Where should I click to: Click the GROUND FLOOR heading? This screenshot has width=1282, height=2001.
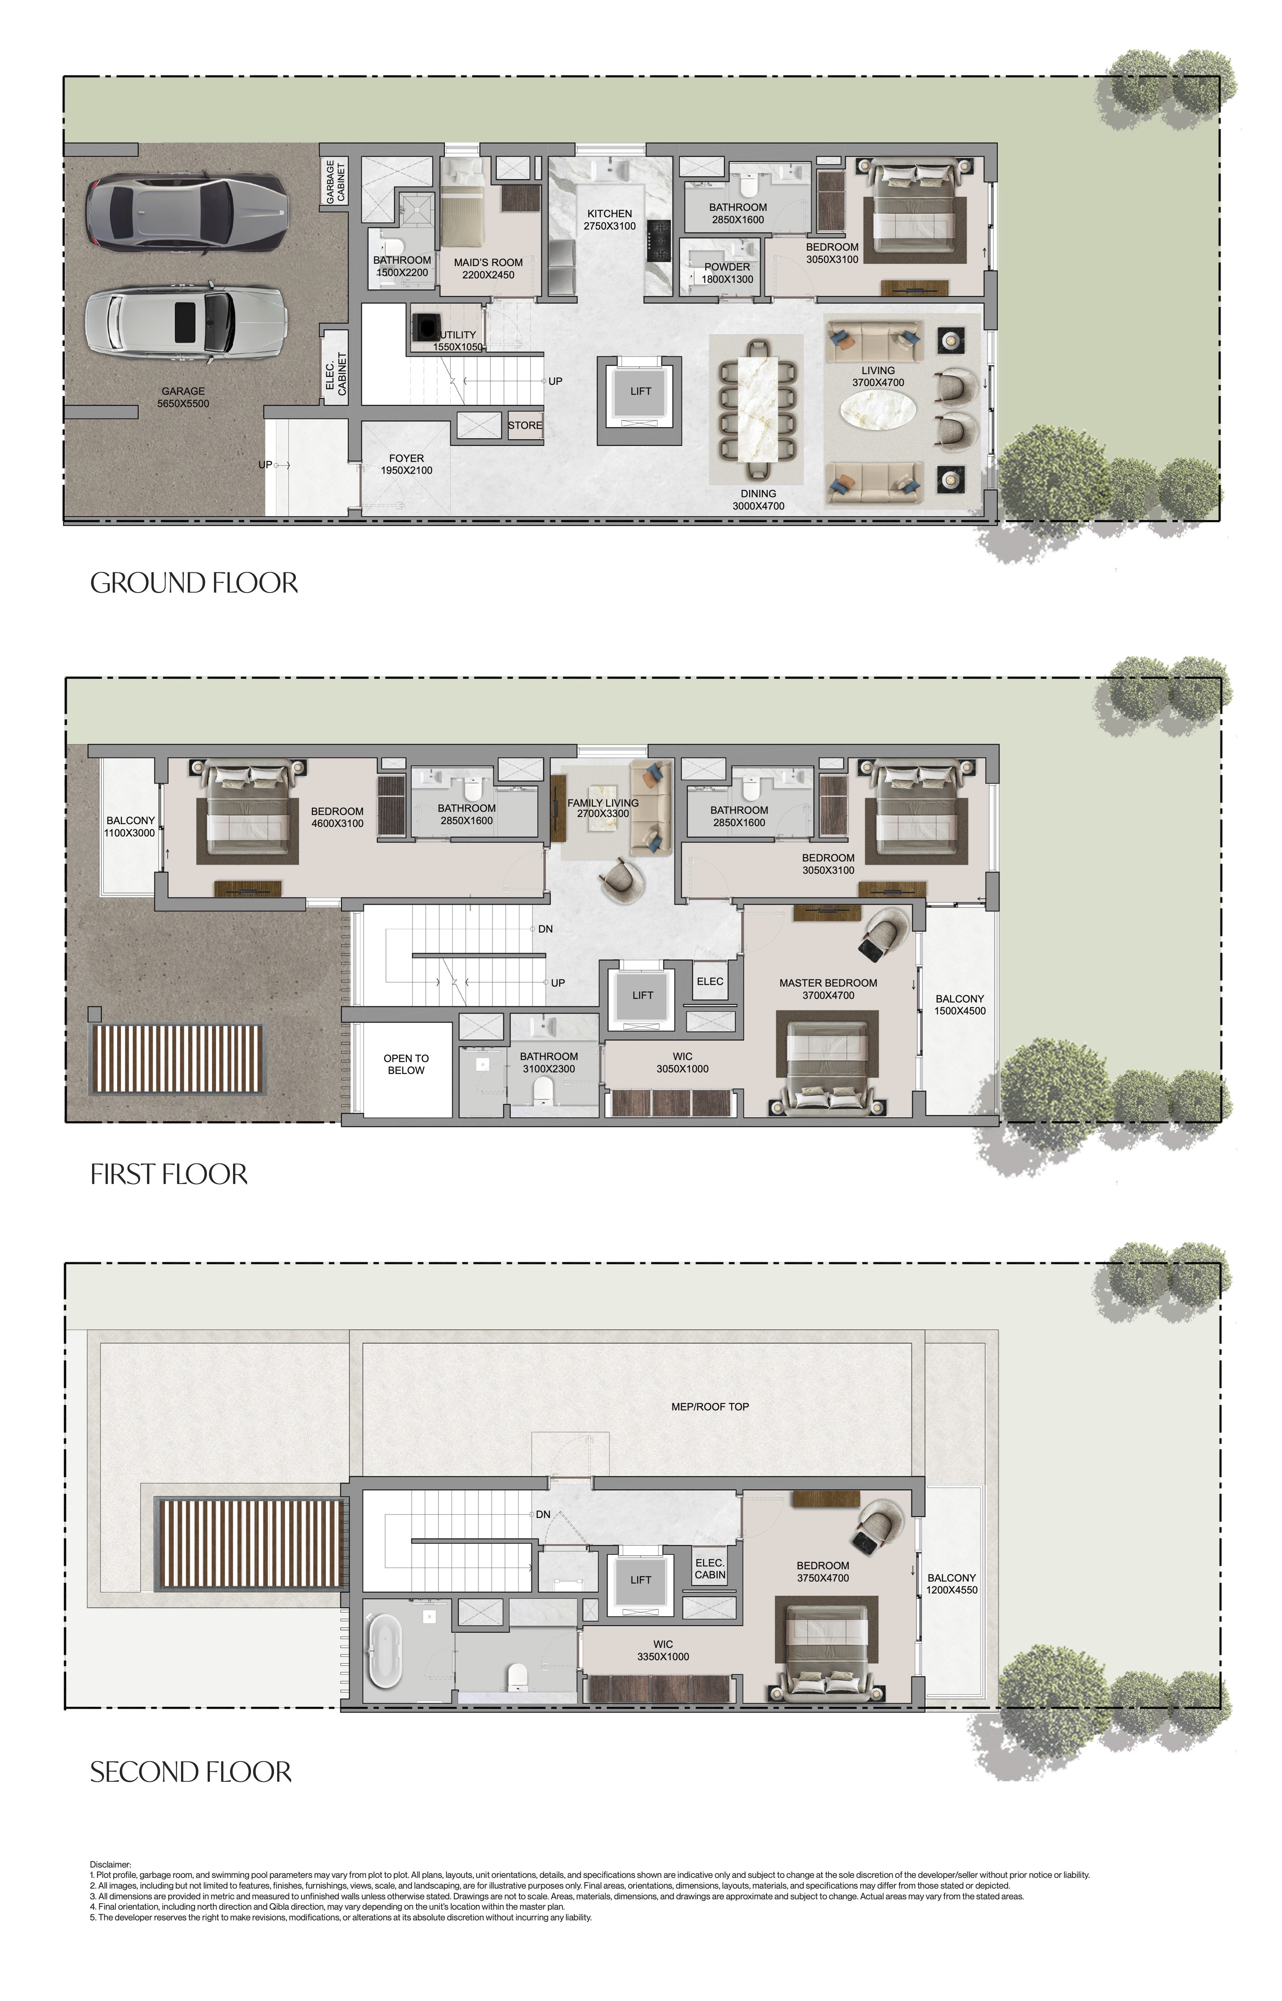pyautogui.click(x=194, y=583)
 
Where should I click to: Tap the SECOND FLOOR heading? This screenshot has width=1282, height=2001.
pyautogui.click(x=191, y=1772)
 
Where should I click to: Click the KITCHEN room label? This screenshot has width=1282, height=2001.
pyautogui.click(x=609, y=214)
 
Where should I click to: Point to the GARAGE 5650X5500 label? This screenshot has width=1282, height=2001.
pyautogui.click(x=183, y=397)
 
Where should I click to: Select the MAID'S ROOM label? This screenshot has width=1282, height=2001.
pyautogui.click(x=488, y=262)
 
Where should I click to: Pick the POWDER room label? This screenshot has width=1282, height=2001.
pyautogui.click(x=727, y=267)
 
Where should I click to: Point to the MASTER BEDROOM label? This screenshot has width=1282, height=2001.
pyautogui.click(x=828, y=983)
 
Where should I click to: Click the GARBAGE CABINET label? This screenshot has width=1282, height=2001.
pyautogui.click(x=336, y=182)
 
